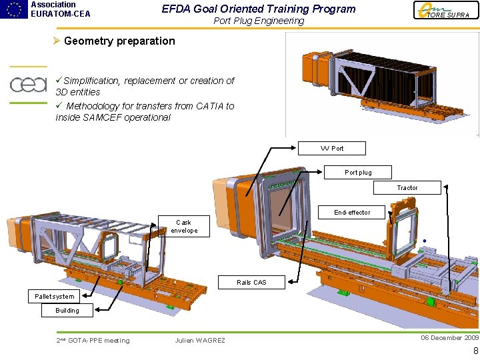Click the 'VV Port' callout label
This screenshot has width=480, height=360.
point(332,148)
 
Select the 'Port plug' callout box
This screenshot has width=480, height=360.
point(358,172)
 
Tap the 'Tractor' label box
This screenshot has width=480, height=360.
point(407,187)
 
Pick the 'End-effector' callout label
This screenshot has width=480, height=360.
point(352,212)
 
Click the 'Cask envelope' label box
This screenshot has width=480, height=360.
point(184,227)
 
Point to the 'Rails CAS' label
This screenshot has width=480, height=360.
point(251,282)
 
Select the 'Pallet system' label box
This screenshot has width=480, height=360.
point(55,296)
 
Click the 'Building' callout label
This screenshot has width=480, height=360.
point(67,310)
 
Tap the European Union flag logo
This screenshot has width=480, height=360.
point(13,9)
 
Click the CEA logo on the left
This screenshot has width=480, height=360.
point(28,85)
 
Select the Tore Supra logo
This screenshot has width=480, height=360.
point(446,11)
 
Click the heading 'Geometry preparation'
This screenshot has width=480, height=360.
point(119,41)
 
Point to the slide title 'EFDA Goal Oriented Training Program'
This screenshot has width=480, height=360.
point(259,9)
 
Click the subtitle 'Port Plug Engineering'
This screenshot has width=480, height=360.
point(259,21)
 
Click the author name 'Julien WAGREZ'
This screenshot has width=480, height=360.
point(200,341)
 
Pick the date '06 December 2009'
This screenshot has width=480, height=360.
point(449,338)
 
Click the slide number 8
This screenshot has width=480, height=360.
point(475,351)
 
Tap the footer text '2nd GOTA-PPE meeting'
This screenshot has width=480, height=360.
point(93,341)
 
